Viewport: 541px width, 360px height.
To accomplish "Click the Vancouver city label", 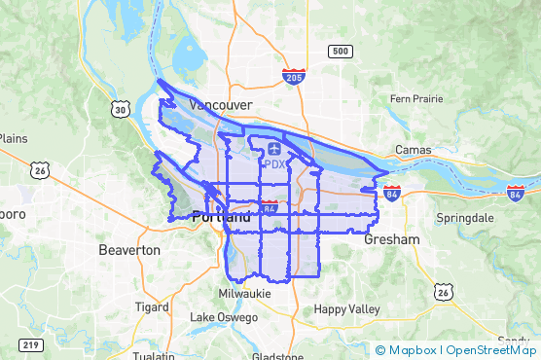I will coord(221,104).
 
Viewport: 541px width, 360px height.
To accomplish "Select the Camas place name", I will coord(413,150).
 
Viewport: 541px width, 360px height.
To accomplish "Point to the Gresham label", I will coord(392,239).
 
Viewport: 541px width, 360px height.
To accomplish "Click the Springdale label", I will coord(466,217).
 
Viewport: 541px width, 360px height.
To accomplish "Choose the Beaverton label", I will coord(129,250).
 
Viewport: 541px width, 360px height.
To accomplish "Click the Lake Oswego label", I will coord(224,317).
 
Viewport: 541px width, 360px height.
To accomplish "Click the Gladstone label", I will coord(277,356).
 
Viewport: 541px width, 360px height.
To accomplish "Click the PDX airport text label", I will coord(274,164).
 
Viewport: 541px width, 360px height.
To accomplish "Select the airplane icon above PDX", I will coord(273,149).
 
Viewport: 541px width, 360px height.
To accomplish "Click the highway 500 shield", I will coord(340,51).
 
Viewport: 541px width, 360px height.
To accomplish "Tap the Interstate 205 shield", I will coord(293,75).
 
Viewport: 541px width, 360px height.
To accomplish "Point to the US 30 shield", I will coord(120,110).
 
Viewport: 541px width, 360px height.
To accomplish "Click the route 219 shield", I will coord(29,344).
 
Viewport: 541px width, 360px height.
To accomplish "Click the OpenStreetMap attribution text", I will coord(491,349).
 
